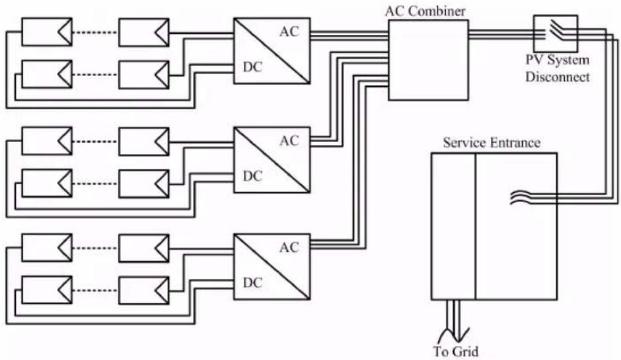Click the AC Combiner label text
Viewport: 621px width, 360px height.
pos(425,11)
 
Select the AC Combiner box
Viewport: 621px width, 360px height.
pos(429,60)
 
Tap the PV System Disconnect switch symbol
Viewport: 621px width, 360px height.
pos(555,33)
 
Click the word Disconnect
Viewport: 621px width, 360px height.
pos(557,77)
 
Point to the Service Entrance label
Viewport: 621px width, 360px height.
pos(492,143)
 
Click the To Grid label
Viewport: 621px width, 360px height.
pos(455,351)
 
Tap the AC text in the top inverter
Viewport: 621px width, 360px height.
pos(289,32)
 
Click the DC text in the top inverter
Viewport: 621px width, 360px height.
pos(252,67)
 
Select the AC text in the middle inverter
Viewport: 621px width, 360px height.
pos(289,141)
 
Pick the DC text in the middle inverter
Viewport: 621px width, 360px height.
pos(252,176)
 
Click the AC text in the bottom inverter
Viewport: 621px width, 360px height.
pos(289,248)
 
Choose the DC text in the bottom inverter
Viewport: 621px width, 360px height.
pos(252,283)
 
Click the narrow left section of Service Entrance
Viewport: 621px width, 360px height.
pos(453,226)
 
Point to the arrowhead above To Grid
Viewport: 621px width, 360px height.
pos(458,334)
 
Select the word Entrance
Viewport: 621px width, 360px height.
pos(515,143)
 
